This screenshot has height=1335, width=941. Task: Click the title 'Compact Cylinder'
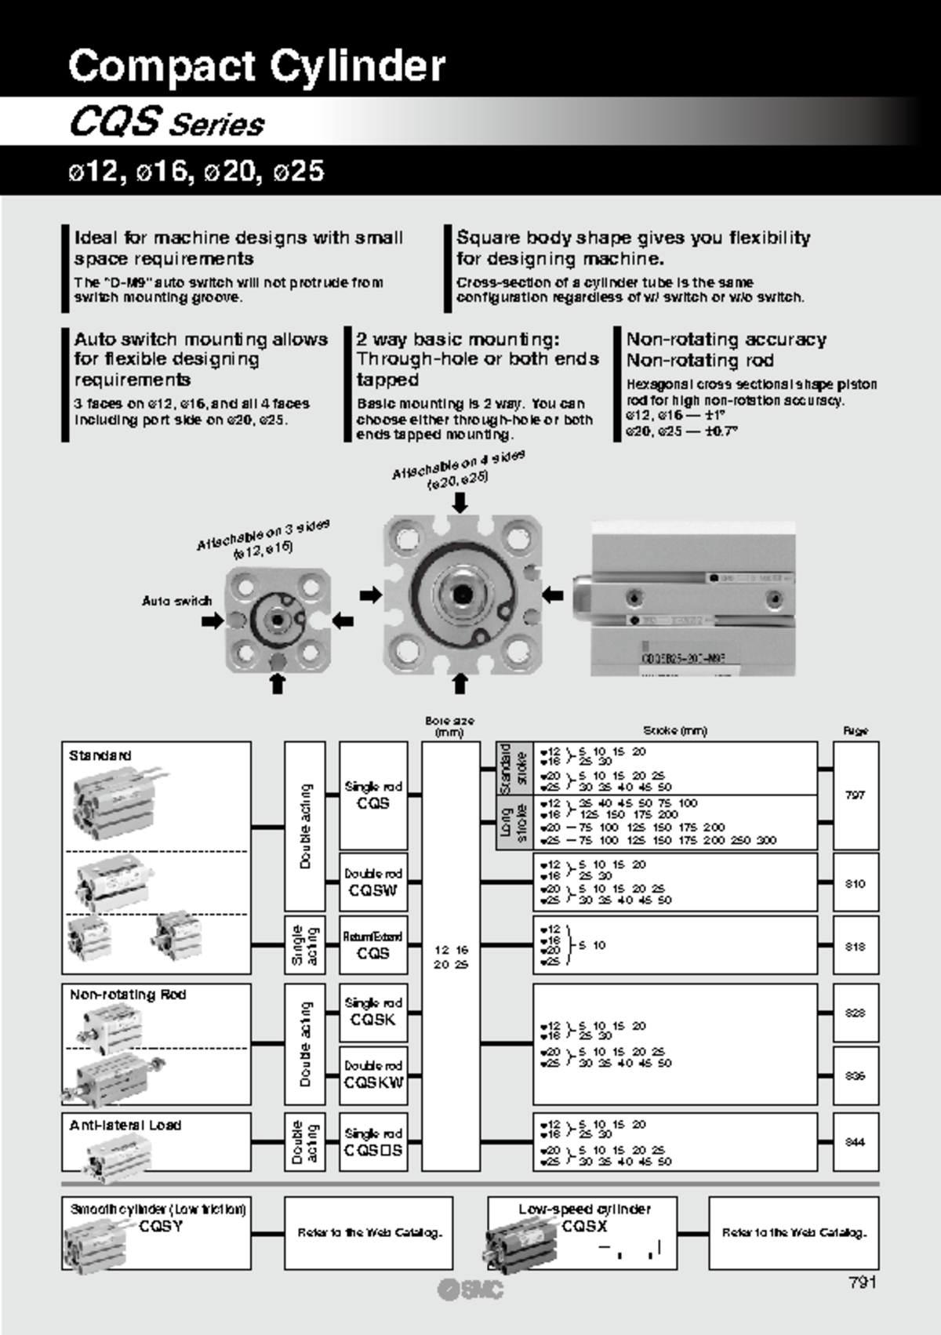[x=256, y=65]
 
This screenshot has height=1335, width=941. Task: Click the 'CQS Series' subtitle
[x=167, y=122]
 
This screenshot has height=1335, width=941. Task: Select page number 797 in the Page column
[x=855, y=795]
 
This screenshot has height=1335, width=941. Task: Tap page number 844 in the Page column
[x=855, y=1142]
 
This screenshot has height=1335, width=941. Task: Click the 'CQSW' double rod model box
[x=373, y=883]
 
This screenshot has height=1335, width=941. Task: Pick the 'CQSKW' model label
[x=373, y=1082]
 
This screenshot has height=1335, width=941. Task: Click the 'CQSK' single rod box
[x=373, y=1012]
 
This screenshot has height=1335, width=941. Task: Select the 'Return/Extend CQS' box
[x=373, y=946]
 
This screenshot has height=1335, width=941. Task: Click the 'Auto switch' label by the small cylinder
[x=176, y=601]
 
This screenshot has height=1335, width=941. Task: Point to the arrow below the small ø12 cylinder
[x=277, y=684]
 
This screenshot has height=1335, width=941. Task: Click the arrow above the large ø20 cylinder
[x=460, y=502]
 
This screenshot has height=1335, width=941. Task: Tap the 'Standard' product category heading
[x=100, y=755]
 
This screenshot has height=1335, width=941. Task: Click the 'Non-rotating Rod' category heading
[x=128, y=995]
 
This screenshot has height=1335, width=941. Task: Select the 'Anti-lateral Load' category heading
[x=125, y=1125]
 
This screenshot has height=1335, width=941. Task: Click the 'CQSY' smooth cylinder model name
[x=161, y=1226]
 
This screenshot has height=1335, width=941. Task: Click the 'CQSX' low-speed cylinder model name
[x=584, y=1226]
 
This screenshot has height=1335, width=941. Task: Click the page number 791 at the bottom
[x=862, y=1282]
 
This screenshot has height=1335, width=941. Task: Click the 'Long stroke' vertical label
[x=514, y=823]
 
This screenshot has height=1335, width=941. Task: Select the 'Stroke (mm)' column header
[x=674, y=730]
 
